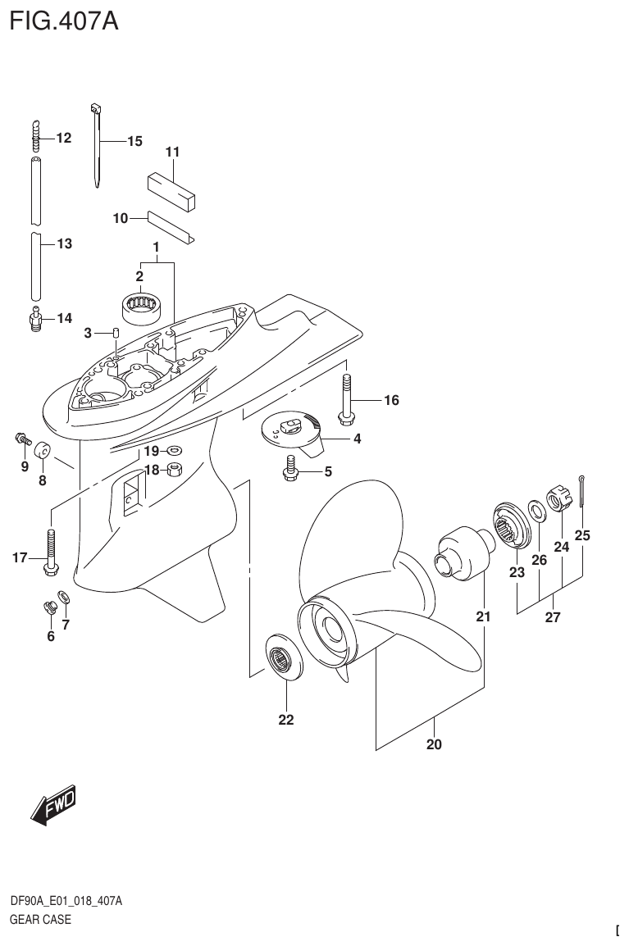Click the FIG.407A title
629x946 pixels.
(x=64, y=20)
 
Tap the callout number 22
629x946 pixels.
(x=285, y=721)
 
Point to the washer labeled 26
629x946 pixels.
(x=536, y=512)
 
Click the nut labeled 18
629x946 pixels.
(x=175, y=469)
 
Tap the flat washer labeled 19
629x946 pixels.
(x=175, y=450)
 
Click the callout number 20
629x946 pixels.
(x=434, y=744)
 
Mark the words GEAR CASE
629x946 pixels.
(x=40, y=919)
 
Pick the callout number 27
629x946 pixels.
(x=552, y=617)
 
